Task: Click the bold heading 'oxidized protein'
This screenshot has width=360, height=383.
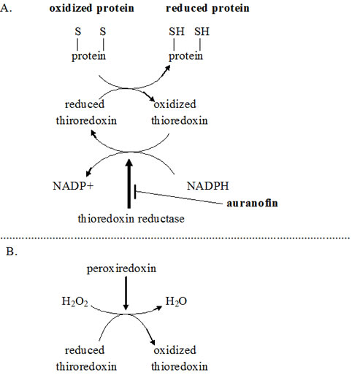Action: [x=92, y=9]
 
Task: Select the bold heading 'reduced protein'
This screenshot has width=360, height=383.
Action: [x=207, y=9]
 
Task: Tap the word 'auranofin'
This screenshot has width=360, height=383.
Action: [x=252, y=204]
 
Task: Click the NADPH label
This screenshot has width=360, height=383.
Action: [x=208, y=186]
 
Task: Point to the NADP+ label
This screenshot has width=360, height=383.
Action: [x=73, y=186]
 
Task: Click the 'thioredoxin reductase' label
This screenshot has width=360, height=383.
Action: [x=131, y=219]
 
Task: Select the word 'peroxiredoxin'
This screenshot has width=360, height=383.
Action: [x=121, y=268]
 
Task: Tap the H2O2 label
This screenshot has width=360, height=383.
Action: [x=74, y=302]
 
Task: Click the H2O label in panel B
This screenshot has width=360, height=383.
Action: [x=176, y=301]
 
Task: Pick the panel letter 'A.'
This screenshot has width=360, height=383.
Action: [x=6, y=9]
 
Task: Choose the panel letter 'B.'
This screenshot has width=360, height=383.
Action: [x=12, y=252]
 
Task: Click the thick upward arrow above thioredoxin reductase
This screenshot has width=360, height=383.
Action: [x=129, y=184]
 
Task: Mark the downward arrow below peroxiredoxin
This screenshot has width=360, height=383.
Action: [x=126, y=293]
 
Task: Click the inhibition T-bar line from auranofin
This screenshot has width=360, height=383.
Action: [x=178, y=197]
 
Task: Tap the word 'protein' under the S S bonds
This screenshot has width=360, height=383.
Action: [x=88, y=56]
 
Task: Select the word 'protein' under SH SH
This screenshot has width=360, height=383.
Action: [x=186, y=56]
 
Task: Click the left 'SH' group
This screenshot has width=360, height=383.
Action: [x=177, y=32]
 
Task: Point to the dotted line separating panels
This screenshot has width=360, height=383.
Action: [x=175, y=238]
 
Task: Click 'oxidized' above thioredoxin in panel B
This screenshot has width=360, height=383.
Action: [x=175, y=350]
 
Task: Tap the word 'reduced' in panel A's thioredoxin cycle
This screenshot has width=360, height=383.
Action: [x=85, y=104]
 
